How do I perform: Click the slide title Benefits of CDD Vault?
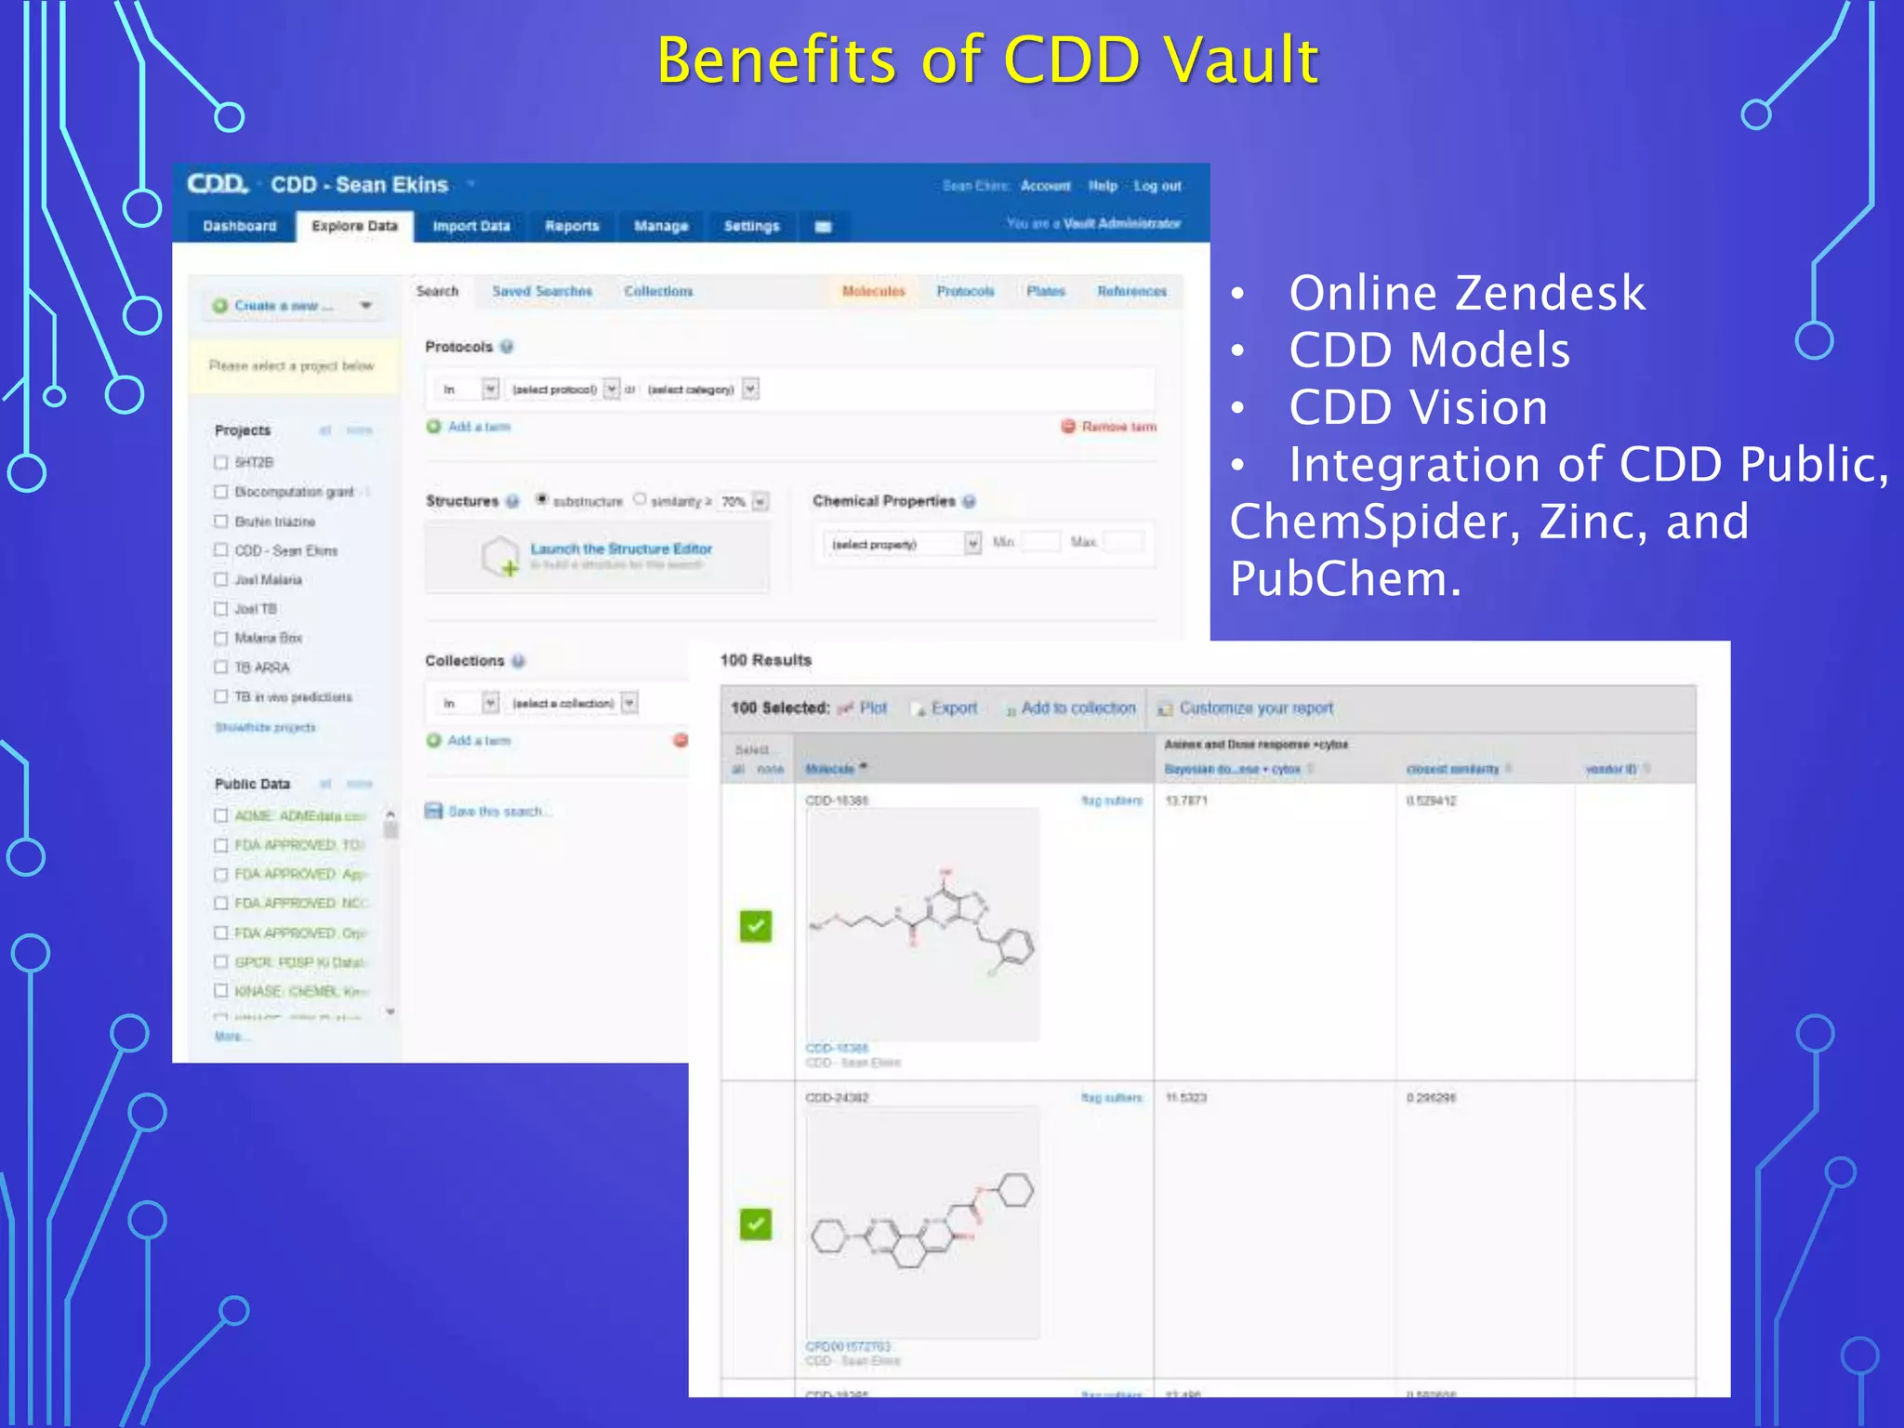click(x=987, y=59)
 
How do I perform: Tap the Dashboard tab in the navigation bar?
click(x=240, y=226)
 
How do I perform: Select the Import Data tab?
click(x=471, y=226)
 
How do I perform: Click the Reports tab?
click(x=572, y=226)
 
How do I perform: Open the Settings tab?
click(x=751, y=226)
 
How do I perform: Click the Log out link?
click(x=1157, y=186)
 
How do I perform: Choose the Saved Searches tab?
click(x=542, y=291)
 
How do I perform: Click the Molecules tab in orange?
click(x=873, y=291)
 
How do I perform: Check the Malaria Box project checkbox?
click(x=221, y=638)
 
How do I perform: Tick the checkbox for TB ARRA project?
click(x=221, y=668)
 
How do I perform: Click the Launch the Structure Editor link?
click(x=621, y=549)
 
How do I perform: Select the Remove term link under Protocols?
click(x=1118, y=427)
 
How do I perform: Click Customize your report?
click(x=1255, y=708)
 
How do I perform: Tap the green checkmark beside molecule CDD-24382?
click(x=756, y=1223)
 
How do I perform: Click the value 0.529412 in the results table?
click(x=1432, y=800)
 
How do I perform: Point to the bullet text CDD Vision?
click(x=1418, y=407)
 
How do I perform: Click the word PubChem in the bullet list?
click(x=1345, y=578)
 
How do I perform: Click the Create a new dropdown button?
click(x=292, y=306)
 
